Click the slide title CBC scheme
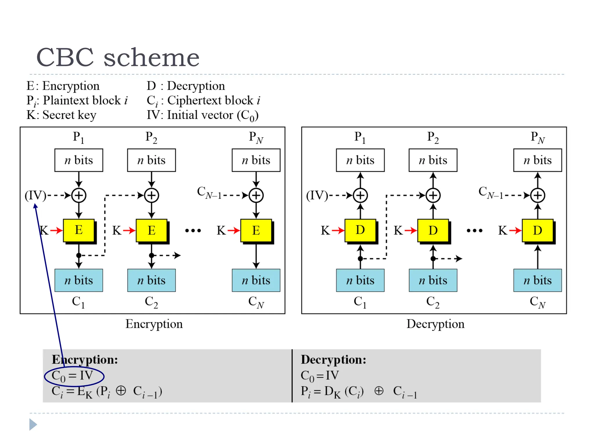(117, 57)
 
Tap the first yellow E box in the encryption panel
(79, 230)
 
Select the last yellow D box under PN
(537, 230)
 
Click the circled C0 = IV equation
(74, 376)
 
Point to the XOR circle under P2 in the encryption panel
(151, 195)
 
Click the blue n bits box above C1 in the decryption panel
(360, 280)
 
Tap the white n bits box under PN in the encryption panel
(256, 160)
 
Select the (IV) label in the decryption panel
(317, 195)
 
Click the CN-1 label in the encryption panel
(209, 193)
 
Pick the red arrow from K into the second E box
(129, 231)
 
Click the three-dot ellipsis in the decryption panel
(475, 231)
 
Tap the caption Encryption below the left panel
(154, 324)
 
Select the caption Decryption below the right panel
(435, 324)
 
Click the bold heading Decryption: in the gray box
(333, 359)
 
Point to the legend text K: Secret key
(61, 115)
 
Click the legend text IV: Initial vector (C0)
(202, 115)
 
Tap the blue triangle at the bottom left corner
(33, 425)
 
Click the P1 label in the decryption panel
(360, 137)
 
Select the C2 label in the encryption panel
(151, 302)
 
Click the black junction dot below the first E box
(79, 256)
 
